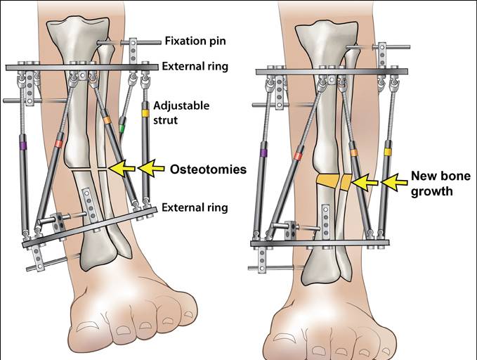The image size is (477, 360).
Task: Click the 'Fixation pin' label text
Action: pyautogui.click(x=196, y=41)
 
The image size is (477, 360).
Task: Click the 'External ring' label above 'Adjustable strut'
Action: pyautogui.click(x=193, y=67)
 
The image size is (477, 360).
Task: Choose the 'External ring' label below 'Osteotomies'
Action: pyautogui.click(x=193, y=208)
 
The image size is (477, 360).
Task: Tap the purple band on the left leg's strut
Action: pyautogui.click(x=22, y=146)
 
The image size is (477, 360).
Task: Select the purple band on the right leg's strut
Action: pyautogui.click(x=263, y=153)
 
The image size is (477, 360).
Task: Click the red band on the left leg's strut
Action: pyautogui.click(x=58, y=144)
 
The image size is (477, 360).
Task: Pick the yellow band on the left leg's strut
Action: pyautogui.click(x=145, y=112)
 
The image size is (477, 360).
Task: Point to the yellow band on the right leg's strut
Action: pyautogui.click(x=387, y=151)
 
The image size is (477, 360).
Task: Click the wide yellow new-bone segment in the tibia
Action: pyautogui.click(x=325, y=181)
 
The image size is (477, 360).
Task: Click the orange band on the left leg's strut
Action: pyautogui.click(x=107, y=120)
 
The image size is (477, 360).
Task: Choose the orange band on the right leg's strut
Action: pyautogui.click(x=353, y=153)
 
